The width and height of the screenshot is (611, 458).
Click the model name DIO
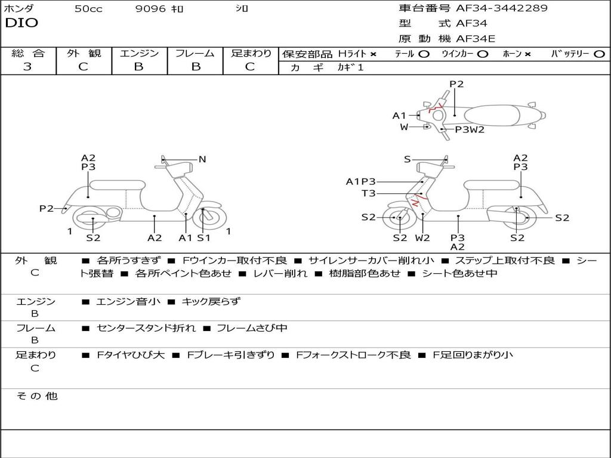21,23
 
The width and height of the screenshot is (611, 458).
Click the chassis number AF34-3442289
501,8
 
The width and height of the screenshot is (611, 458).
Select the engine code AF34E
476,39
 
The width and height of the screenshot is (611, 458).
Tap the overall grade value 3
27,67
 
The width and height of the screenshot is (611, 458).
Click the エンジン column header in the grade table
139,53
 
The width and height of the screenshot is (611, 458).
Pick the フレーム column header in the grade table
195,53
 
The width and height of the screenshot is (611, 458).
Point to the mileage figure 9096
150,8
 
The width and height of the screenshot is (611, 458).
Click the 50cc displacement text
88,8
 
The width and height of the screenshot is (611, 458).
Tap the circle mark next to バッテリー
599,54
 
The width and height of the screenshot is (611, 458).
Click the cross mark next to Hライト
373,54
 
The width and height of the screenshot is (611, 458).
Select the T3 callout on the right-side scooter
368,193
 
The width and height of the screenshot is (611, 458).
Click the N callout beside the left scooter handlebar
202,159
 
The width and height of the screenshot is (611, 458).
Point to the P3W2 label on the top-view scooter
470,129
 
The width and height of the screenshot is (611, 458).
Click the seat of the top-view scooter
492,116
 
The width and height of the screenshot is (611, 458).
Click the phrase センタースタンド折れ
146,329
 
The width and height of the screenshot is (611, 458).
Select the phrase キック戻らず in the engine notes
211,301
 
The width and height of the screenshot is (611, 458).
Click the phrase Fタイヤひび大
131,355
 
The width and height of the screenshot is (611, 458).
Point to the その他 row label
37,396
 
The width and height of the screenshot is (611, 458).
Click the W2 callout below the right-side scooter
422,237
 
